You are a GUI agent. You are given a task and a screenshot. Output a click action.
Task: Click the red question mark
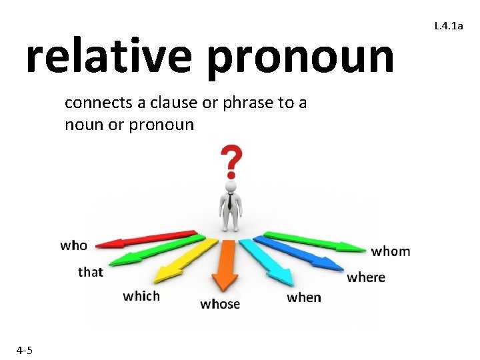[231, 161]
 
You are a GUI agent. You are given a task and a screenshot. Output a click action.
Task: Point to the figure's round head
[231, 187]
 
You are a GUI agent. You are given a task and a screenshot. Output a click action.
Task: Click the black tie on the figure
[230, 202]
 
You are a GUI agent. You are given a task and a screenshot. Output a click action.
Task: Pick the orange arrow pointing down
[227, 263]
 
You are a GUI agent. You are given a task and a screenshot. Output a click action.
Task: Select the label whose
[220, 304]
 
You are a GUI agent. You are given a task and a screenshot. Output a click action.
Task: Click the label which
[141, 296]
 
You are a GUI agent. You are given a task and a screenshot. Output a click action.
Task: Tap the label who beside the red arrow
[73, 245]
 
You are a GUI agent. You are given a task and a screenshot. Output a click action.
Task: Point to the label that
[91, 272]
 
